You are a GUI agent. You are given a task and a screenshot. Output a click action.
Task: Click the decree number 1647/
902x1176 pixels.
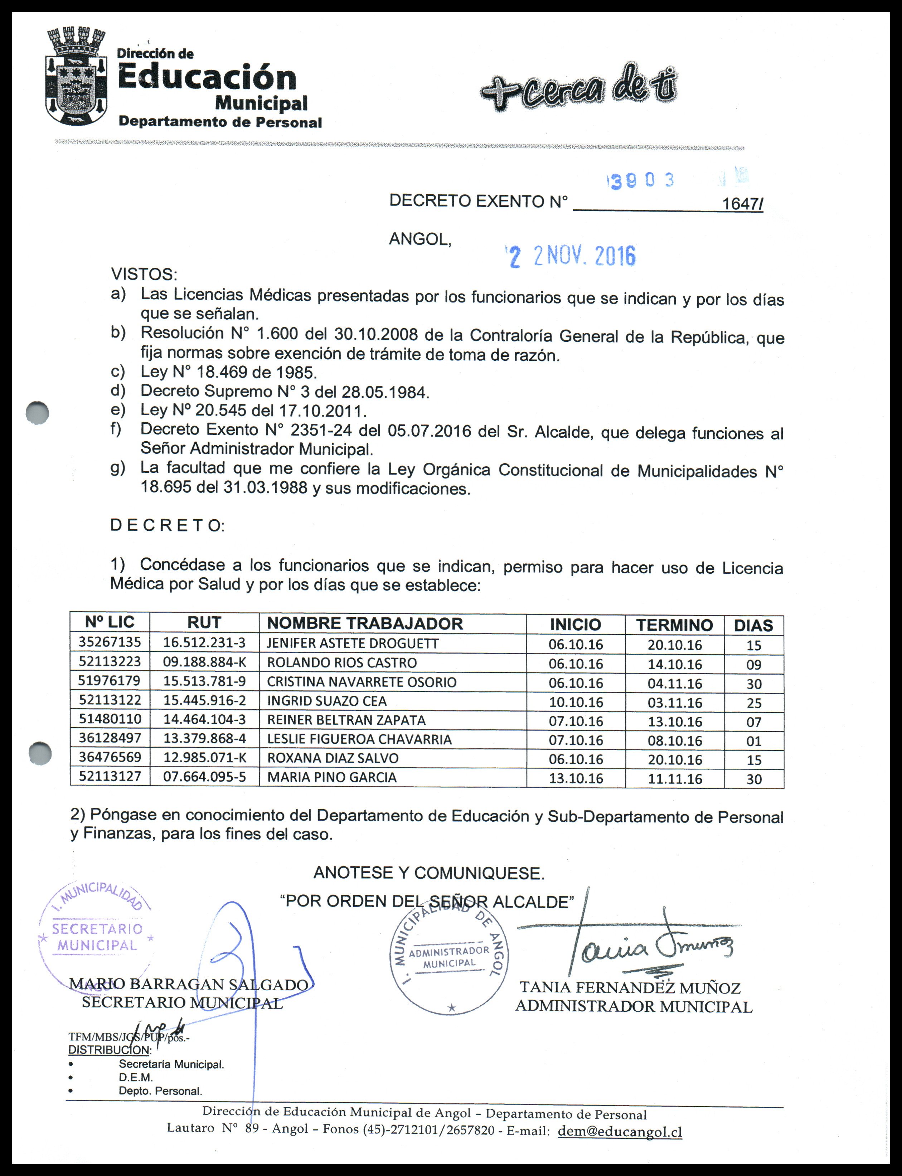[x=742, y=204]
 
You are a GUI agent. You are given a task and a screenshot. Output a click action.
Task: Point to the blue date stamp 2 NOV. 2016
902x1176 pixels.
[x=571, y=257]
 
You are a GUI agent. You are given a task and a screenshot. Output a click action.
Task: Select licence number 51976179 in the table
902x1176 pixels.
[x=110, y=681]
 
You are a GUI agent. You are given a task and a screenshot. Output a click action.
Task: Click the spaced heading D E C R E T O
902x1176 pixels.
[x=167, y=525]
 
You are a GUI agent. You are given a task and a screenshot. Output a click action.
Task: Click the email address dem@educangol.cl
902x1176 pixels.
[x=620, y=1132]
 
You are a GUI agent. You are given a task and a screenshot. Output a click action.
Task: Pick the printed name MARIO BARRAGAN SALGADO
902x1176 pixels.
[x=188, y=984]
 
